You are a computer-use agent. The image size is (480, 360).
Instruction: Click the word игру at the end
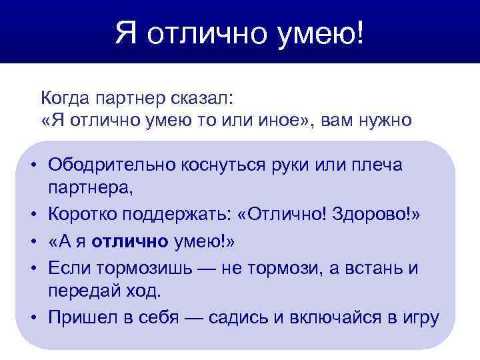coord(419,318)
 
